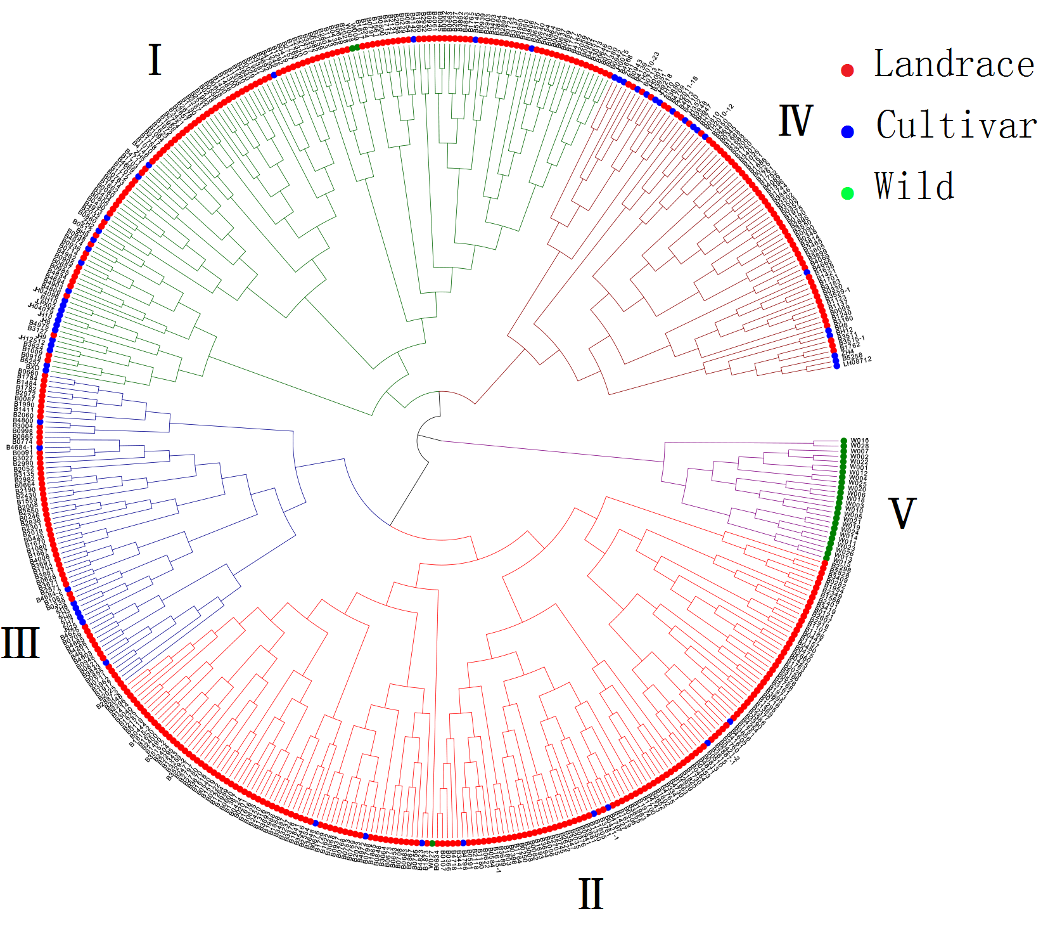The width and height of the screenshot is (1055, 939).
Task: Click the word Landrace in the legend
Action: (954, 65)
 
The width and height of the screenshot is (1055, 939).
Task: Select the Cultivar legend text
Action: (956, 126)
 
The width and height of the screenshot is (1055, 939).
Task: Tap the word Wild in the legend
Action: (914, 186)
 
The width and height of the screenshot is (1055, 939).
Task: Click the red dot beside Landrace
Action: (847, 70)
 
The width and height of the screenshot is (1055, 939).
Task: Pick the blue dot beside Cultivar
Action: (847, 132)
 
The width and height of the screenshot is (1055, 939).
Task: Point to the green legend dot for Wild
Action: (847, 193)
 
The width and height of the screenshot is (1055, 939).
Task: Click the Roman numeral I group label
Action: (155, 61)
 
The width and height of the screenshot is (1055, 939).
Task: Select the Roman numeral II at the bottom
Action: (591, 895)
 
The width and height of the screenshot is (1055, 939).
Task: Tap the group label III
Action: (20, 643)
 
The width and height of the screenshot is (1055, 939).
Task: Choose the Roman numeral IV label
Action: (795, 121)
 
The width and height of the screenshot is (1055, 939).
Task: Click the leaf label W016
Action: (859, 441)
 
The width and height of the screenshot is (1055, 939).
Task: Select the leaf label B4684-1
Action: (19, 448)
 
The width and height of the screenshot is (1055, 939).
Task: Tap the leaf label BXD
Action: (32, 368)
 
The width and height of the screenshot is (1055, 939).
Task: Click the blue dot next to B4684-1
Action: (40, 448)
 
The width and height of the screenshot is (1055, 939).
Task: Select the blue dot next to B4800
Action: (40, 422)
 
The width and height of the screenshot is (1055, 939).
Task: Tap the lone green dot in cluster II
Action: (432, 843)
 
